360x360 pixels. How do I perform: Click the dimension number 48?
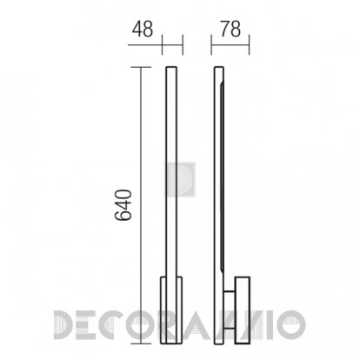[x=143, y=29]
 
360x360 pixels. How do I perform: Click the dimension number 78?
[x=230, y=29]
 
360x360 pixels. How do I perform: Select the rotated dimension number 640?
[x=123, y=205]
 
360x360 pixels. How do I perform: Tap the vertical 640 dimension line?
[x=141, y=205]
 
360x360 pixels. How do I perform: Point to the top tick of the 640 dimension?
[x=141, y=67]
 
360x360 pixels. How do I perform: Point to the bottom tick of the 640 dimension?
[x=141, y=343]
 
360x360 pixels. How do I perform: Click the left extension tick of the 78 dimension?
[x=211, y=45]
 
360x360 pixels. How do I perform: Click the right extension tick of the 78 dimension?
[x=249, y=45]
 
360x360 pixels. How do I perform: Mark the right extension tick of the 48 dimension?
[x=183, y=45]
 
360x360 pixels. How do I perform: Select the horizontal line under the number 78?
[x=230, y=45]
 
